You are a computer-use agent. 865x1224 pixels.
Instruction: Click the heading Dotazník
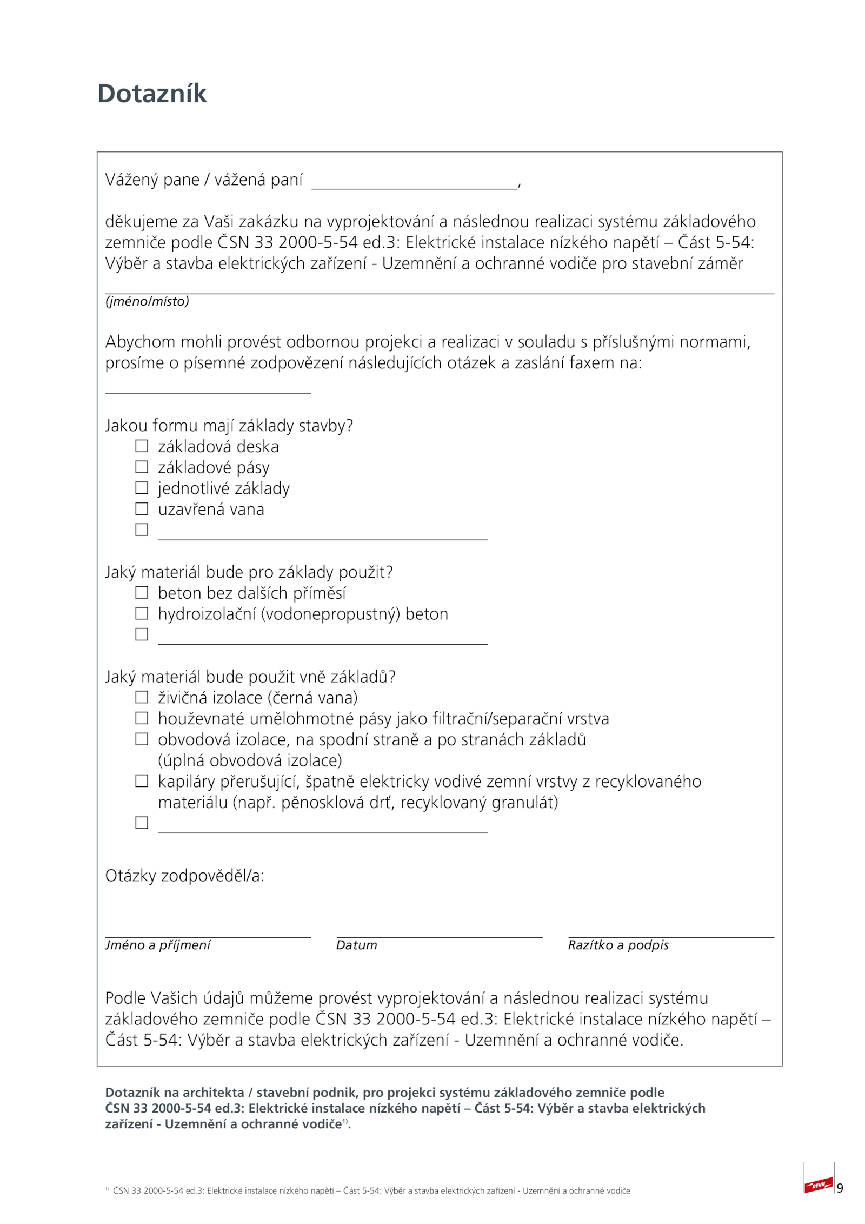pos(152,94)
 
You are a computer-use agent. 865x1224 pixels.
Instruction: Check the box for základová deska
pos(141,446)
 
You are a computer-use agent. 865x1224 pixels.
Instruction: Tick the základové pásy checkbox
pos(141,466)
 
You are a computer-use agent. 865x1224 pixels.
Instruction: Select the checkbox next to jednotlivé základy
pos(141,487)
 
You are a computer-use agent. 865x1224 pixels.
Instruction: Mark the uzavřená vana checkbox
pos(141,508)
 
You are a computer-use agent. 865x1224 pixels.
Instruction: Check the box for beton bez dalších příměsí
pos(141,592)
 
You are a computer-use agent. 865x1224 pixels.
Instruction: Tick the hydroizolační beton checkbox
pos(141,613)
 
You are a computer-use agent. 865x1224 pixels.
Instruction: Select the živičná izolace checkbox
pos(141,697)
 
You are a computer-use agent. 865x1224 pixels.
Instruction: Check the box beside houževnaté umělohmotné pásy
pos(141,718)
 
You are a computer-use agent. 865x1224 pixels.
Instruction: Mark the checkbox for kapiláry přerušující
pos(141,780)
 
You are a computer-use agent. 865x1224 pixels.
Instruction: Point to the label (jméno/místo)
pos(147,301)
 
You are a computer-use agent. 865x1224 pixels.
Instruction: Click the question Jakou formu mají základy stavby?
pos(229,426)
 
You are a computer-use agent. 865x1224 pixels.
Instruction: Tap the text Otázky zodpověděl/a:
pos(184,876)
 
